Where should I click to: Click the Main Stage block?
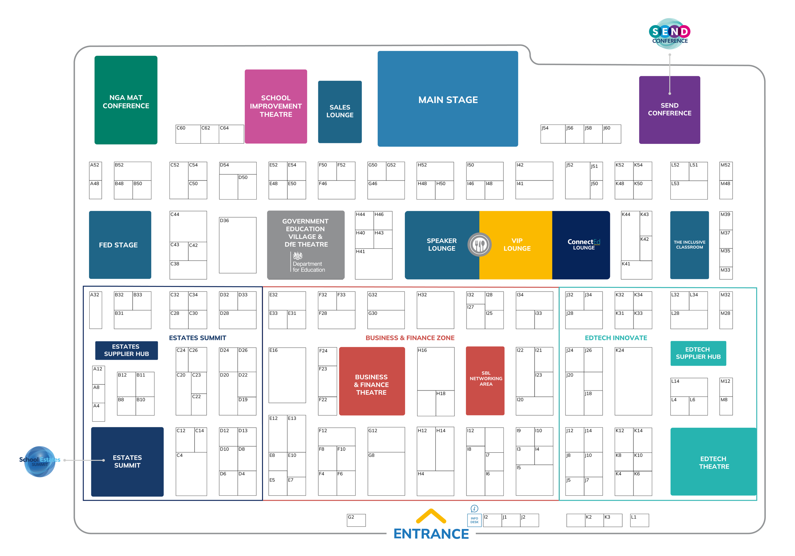coord(447,99)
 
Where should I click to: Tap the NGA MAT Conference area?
coord(126,100)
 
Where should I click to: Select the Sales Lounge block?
coord(340,112)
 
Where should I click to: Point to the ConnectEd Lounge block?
coord(582,245)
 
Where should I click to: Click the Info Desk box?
coord(474,520)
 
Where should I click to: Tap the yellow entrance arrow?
coord(431,516)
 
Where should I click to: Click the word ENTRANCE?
coord(431,534)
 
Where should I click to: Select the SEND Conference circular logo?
coord(669,33)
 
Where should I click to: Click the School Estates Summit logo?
coord(39,461)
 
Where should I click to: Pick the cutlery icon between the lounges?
coord(479,245)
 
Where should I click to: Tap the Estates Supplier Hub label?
coord(126,350)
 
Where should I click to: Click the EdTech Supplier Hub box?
coord(698,353)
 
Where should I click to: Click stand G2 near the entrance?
coord(356,520)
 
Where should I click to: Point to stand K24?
coord(633,381)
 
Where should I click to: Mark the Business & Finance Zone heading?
coord(410,338)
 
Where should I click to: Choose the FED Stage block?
coord(120,245)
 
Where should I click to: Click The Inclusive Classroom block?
coord(689,245)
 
